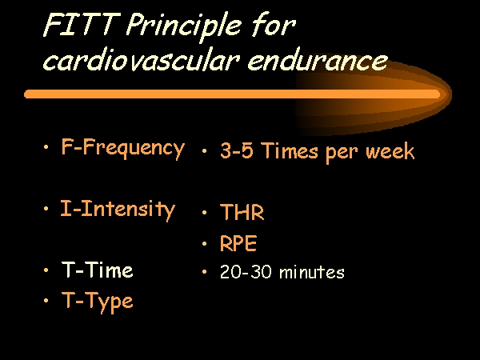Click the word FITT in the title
(81, 25)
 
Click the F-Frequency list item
(122, 148)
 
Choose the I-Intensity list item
(118, 210)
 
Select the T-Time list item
(98, 270)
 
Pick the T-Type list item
(98, 302)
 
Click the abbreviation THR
(242, 212)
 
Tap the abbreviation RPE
(238, 243)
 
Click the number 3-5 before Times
(237, 150)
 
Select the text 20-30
(246, 272)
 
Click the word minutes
(312, 272)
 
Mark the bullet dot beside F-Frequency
(46, 147)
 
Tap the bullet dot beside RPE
(205, 244)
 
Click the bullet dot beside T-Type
(46, 301)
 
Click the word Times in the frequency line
(290, 150)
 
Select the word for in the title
(274, 25)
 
